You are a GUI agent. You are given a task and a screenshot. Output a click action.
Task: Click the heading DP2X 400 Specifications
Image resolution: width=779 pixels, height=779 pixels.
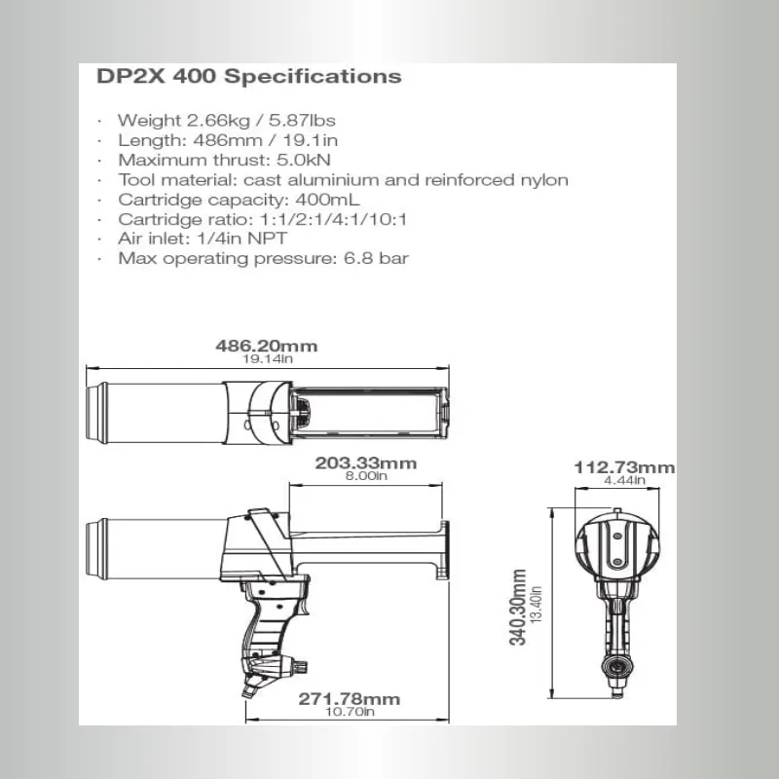(249, 77)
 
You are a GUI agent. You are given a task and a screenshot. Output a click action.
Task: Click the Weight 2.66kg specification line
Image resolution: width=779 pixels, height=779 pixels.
(227, 121)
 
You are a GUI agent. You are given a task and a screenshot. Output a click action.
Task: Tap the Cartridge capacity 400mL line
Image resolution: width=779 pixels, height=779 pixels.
(240, 200)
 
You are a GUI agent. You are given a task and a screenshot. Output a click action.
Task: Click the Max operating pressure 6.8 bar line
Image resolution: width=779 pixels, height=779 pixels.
(263, 258)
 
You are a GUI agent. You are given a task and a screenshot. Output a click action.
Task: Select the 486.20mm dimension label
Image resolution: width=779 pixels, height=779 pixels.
(266, 346)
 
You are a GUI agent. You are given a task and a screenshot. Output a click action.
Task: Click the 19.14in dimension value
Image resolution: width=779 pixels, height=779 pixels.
(266, 359)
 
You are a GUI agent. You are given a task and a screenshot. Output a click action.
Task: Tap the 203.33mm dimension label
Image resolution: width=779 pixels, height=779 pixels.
(366, 464)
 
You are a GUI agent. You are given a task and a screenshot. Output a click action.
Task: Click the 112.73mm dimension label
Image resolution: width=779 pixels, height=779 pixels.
(623, 467)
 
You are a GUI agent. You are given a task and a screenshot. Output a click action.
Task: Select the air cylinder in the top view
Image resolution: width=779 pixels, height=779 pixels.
(156, 412)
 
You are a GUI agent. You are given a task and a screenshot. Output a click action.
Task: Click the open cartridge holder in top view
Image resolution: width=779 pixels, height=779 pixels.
(370, 412)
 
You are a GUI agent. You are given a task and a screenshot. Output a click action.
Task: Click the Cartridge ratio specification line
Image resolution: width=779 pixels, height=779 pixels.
(263, 219)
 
